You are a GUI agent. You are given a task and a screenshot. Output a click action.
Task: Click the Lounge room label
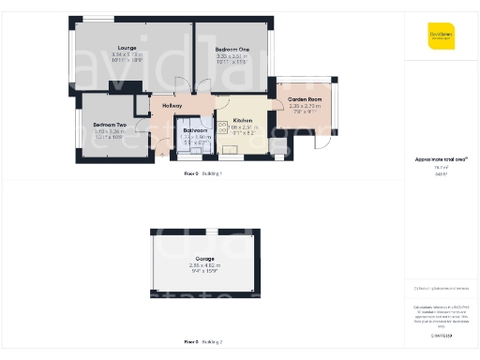point(127,47)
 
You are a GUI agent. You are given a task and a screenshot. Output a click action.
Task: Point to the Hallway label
point(172,106)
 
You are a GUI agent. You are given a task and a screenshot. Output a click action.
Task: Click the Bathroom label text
point(195,130)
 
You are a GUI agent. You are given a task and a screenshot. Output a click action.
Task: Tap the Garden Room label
point(305,99)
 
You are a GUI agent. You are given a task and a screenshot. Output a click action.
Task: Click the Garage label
point(204,258)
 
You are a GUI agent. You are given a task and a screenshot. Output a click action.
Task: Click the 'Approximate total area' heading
point(440,159)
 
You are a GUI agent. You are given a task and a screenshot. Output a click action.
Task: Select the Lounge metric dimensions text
point(127,54)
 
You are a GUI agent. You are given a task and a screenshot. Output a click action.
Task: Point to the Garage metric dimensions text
point(204,265)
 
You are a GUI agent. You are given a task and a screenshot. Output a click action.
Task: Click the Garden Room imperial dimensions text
point(305,114)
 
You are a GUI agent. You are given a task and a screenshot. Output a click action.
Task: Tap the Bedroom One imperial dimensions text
point(232,62)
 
